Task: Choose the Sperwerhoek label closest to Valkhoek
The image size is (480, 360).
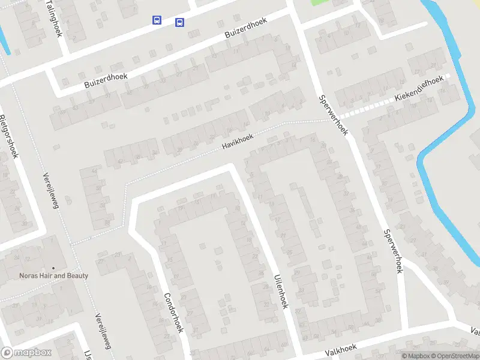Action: (x=392, y=251)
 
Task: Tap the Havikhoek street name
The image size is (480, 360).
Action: (x=238, y=142)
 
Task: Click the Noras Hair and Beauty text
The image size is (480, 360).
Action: (x=53, y=276)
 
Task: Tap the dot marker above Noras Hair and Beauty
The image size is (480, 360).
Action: (x=53, y=268)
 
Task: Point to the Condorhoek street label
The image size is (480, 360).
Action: (x=172, y=313)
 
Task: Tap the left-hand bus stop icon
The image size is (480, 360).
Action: (x=157, y=20)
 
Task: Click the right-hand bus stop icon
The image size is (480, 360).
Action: (x=179, y=23)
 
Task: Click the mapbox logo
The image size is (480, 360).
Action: (x=27, y=353)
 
